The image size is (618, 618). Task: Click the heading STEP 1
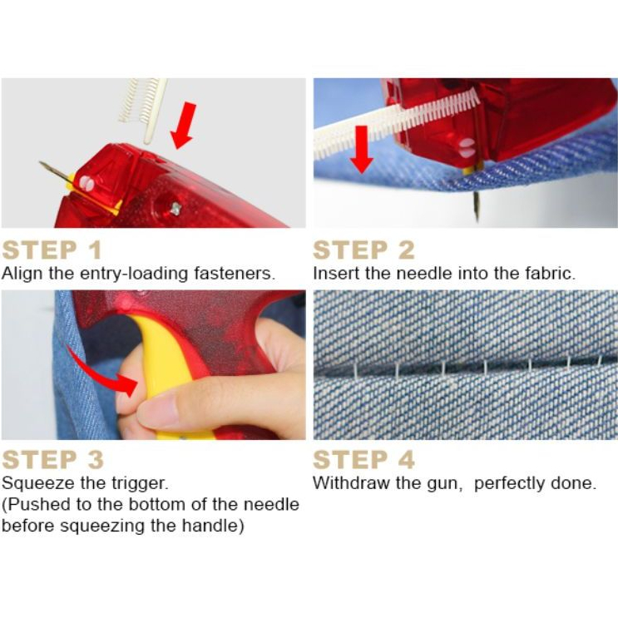pos(52,250)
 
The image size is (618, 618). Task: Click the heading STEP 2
pos(363,250)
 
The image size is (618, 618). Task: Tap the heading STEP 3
pos(52,459)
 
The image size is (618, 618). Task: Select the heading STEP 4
pos(363,459)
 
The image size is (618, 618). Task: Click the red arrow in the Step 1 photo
pos(183,126)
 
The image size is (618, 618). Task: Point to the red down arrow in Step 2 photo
pos(362,150)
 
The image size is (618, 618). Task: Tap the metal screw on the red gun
pos(176,209)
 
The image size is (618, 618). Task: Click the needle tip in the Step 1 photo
pos(40,162)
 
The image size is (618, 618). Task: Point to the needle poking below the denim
pos(477,205)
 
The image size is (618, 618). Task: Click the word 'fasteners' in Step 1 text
pos(234,273)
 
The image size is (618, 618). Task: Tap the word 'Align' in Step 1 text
pos(22,274)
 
